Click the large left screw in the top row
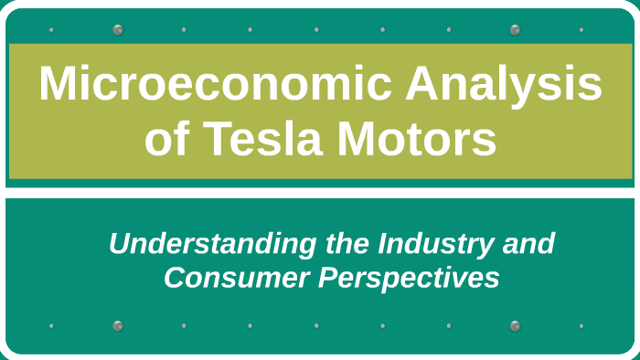118,29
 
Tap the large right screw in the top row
515,29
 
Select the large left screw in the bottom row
118,325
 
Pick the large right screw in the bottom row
515,325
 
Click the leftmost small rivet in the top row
51,30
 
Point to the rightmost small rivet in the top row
581,30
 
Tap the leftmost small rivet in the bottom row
51,325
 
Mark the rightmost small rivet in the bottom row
581,325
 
